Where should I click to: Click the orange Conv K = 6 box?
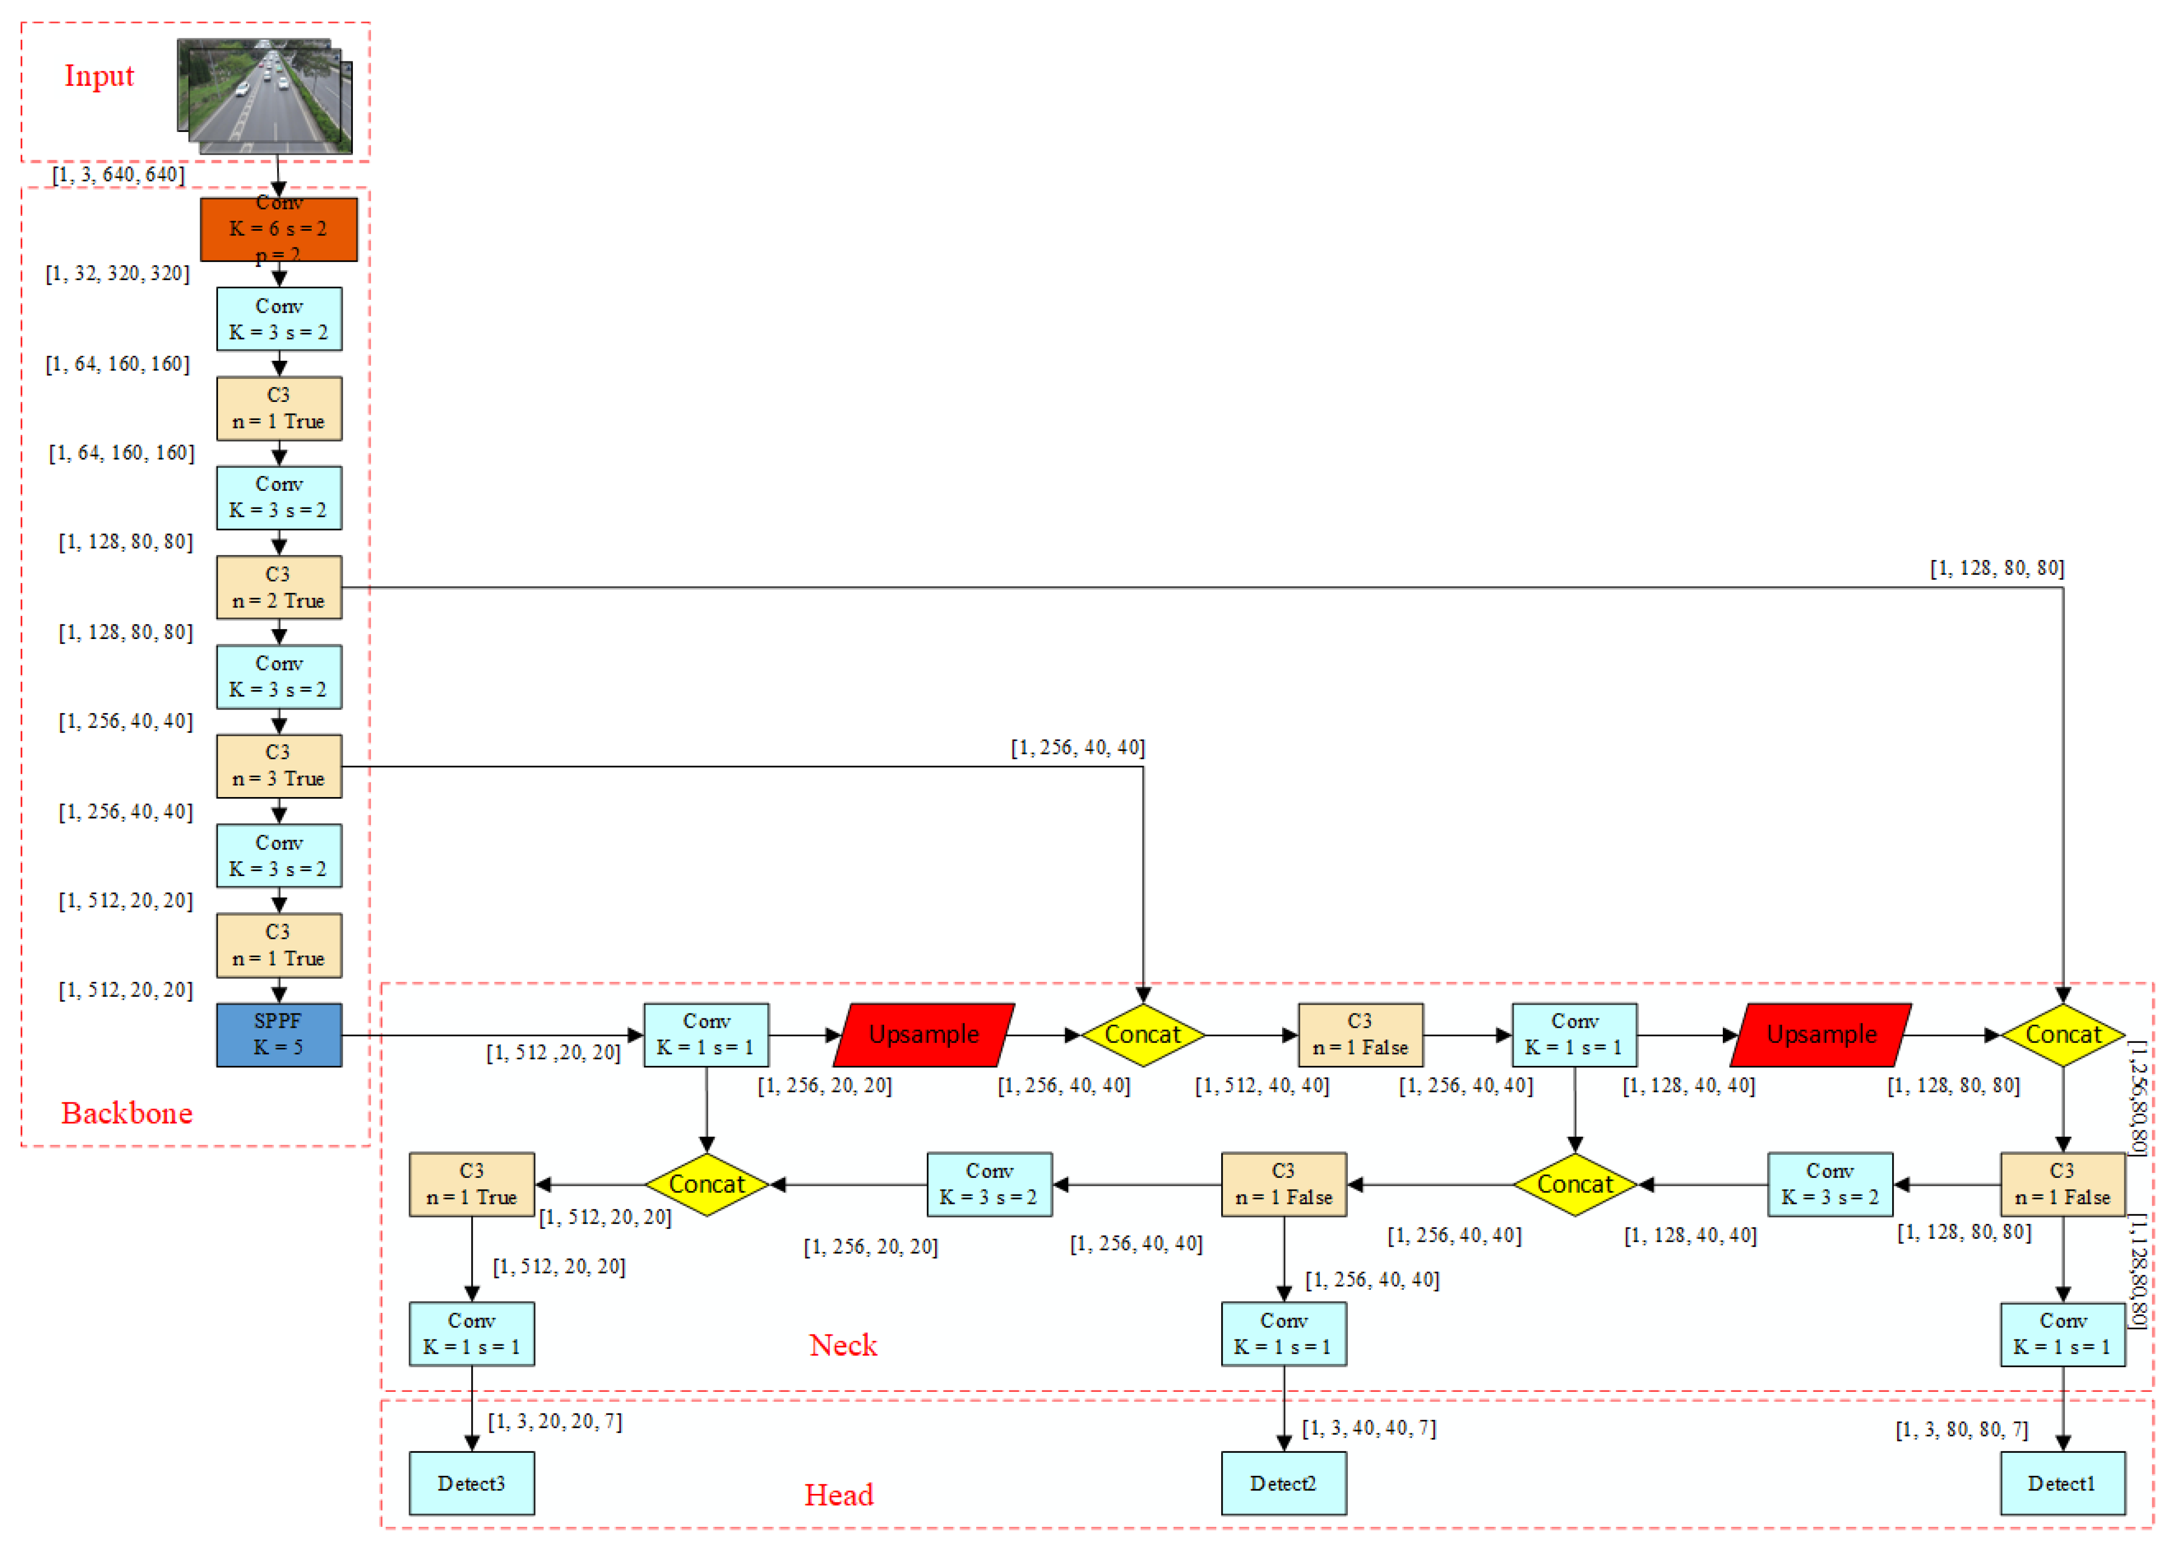(x=279, y=229)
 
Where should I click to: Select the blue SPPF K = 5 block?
(x=279, y=1034)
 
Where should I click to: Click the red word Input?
(x=99, y=76)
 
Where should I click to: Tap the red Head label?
(x=838, y=1494)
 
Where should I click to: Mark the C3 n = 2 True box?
(x=279, y=587)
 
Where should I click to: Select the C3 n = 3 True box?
(x=279, y=766)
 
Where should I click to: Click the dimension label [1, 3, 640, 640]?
(x=118, y=174)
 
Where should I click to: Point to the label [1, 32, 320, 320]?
(x=118, y=274)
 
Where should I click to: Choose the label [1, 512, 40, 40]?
(x=1261, y=1086)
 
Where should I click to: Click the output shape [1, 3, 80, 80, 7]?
(x=1961, y=1430)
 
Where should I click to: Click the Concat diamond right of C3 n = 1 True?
(x=706, y=1184)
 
